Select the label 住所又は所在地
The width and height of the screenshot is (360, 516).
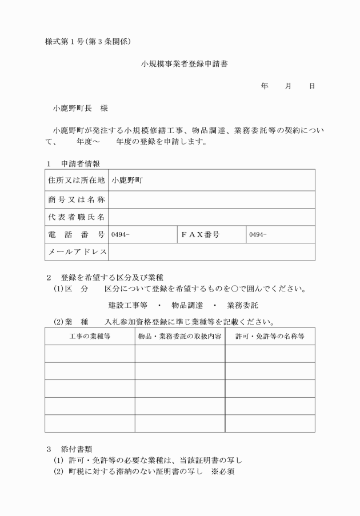(x=76, y=179)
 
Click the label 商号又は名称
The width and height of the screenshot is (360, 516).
(x=76, y=199)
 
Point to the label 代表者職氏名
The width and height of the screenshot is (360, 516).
(x=76, y=217)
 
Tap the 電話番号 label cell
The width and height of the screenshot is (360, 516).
(x=76, y=235)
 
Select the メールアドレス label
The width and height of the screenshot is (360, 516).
(x=76, y=252)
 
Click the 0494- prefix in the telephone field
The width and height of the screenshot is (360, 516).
(x=121, y=235)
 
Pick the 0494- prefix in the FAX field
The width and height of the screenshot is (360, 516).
(x=258, y=235)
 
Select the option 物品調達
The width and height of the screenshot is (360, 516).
(x=188, y=305)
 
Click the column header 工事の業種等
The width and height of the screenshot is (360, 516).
(x=90, y=336)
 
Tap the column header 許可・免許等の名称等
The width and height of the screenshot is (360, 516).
(x=270, y=336)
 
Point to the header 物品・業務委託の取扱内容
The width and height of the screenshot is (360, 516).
(x=180, y=336)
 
